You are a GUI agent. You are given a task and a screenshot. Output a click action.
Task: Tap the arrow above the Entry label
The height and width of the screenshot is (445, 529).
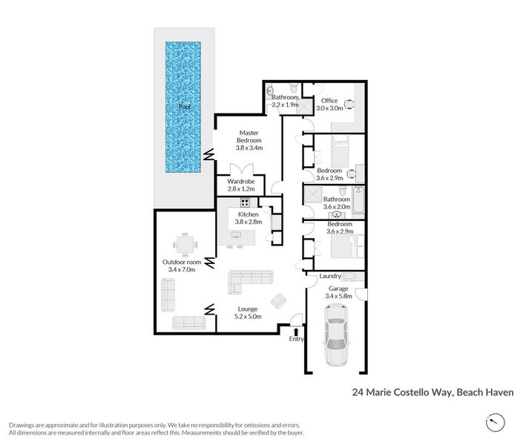[297, 330]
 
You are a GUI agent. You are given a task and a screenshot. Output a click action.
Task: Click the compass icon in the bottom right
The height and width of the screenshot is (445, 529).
[496, 423]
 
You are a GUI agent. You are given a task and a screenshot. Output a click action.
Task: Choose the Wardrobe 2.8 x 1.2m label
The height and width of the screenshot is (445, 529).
[241, 185]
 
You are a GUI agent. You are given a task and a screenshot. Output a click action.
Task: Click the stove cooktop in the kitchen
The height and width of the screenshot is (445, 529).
[245, 202]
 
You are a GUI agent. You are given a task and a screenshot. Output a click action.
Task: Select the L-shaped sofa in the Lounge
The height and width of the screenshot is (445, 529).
[249, 282]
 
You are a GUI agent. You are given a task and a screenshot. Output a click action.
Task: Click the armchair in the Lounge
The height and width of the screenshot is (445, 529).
[280, 301]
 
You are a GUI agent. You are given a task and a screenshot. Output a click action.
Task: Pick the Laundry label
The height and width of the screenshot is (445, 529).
[329, 277]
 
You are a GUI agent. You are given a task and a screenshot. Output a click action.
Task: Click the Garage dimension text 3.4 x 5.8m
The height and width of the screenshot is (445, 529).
[338, 296]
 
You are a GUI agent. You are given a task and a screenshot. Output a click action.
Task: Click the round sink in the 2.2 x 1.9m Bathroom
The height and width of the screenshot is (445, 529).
[269, 92]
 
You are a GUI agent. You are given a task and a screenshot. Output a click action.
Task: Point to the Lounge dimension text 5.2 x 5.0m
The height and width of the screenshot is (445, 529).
[247, 317]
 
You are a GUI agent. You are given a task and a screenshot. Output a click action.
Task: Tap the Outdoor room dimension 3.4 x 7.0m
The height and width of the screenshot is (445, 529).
[183, 270]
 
